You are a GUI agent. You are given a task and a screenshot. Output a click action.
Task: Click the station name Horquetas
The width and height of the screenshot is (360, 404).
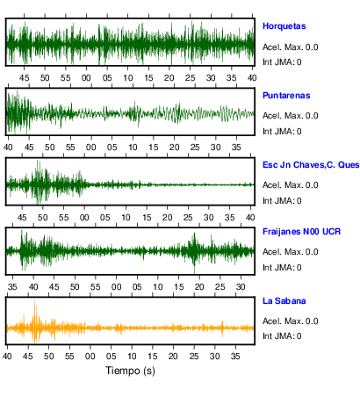coord(284,26)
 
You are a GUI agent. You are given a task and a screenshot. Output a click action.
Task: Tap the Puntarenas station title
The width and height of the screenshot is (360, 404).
coord(286,96)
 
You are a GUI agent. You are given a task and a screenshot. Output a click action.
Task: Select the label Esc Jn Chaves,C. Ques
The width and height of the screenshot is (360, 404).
coord(311,165)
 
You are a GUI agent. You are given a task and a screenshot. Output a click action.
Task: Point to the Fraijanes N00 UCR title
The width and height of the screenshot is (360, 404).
coord(302,232)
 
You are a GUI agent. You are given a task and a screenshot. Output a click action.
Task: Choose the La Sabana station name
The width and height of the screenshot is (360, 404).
coord(284,301)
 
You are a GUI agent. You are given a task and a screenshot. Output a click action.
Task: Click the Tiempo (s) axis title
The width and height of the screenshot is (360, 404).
coord(130,371)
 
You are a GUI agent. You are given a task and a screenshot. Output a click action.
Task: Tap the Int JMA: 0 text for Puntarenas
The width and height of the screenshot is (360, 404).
coord(282,132)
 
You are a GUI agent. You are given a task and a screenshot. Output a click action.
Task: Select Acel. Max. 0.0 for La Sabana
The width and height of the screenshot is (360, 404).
coord(291,321)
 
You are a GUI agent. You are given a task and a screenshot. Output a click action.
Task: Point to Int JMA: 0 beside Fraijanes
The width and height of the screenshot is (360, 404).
coord(282,268)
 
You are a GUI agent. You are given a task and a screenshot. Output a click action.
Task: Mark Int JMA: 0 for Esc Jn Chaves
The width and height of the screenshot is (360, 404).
coord(282,201)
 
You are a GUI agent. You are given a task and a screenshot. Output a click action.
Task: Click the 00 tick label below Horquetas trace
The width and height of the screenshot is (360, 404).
coord(86,78)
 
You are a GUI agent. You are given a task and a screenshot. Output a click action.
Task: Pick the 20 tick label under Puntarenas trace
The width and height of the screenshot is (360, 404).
coord(174,148)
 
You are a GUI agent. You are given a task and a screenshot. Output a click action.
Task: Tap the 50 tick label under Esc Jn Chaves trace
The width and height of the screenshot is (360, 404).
coord(42,218)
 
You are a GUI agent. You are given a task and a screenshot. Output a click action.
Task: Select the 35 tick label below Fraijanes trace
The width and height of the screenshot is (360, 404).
coord(12,287)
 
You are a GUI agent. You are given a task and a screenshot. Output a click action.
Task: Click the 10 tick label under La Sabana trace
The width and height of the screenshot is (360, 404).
coord(132,357)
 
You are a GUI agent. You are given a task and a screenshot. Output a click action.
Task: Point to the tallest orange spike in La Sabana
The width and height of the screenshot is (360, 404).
coord(35,301)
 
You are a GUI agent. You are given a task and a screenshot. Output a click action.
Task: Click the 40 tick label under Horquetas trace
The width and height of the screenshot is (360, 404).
coord(252,78)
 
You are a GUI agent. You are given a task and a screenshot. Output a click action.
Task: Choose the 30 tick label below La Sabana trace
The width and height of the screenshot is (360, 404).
coord(214,357)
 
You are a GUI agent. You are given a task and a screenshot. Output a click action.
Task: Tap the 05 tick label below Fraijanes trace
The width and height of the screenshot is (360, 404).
coord(137,287)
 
